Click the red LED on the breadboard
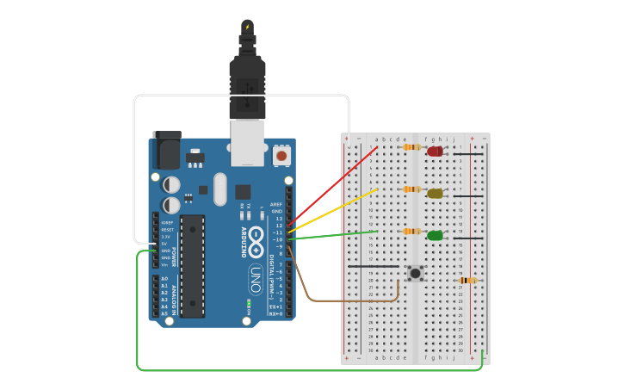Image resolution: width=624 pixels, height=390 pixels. coord(436,152)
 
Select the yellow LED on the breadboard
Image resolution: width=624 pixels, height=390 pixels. coord(436,194)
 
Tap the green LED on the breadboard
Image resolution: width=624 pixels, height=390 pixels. coord(436,235)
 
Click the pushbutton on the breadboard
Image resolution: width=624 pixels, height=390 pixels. coord(416,273)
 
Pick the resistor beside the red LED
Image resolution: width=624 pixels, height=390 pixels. coord(412,147)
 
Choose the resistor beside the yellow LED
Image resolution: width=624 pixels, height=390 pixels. coord(412,189)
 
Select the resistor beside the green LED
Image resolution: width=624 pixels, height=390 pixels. coord(412,232)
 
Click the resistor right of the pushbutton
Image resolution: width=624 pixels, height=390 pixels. coord(467,280)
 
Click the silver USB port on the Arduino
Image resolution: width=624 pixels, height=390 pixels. coord(248,142)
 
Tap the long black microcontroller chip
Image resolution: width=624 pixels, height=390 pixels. coord(193,265)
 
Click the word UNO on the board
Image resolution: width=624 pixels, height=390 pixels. coord(256,280)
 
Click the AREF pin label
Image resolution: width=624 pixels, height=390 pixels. coord(276,204)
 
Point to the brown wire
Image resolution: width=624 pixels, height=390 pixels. coord(344,301)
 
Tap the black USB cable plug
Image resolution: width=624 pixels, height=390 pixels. coord(247,82)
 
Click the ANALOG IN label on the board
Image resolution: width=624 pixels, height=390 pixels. coord(174,296)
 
